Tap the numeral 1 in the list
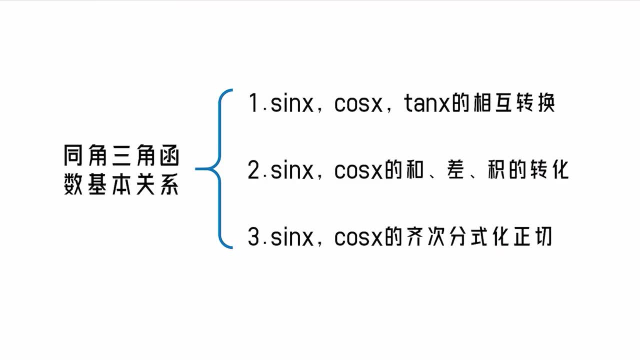[x=253, y=102]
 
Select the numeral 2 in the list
[x=253, y=169]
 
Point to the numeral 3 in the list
[x=253, y=236]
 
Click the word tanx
[x=427, y=103]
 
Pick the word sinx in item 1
[x=291, y=103]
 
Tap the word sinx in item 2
[x=291, y=170]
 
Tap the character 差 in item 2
[x=455, y=169]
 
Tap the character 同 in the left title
[x=73, y=155]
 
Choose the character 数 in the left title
[x=73, y=184]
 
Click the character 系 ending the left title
[x=169, y=184]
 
